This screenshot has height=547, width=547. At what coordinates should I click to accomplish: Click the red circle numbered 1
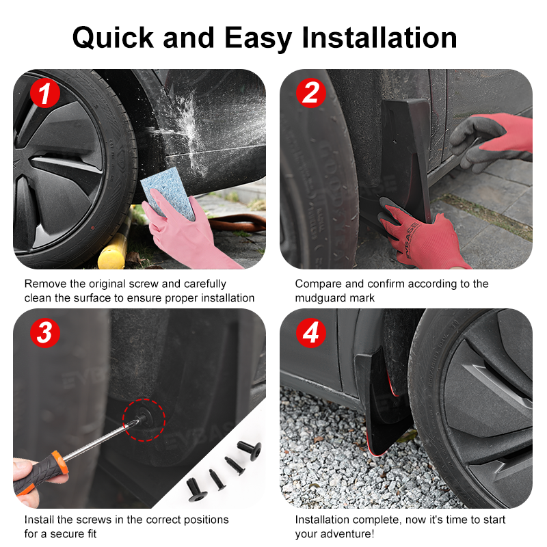pos(44,93)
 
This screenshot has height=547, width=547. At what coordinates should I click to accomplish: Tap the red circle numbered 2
pos(311,93)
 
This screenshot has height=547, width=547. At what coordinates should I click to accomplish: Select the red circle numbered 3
pos(44,332)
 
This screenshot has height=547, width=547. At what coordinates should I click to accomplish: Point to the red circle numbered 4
pos(311,332)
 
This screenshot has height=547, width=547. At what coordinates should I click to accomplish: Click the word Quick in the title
pos(113,38)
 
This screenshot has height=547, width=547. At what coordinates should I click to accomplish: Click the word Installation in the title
pos(379,38)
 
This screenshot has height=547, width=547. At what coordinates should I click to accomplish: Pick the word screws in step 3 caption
pos(94,520)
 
